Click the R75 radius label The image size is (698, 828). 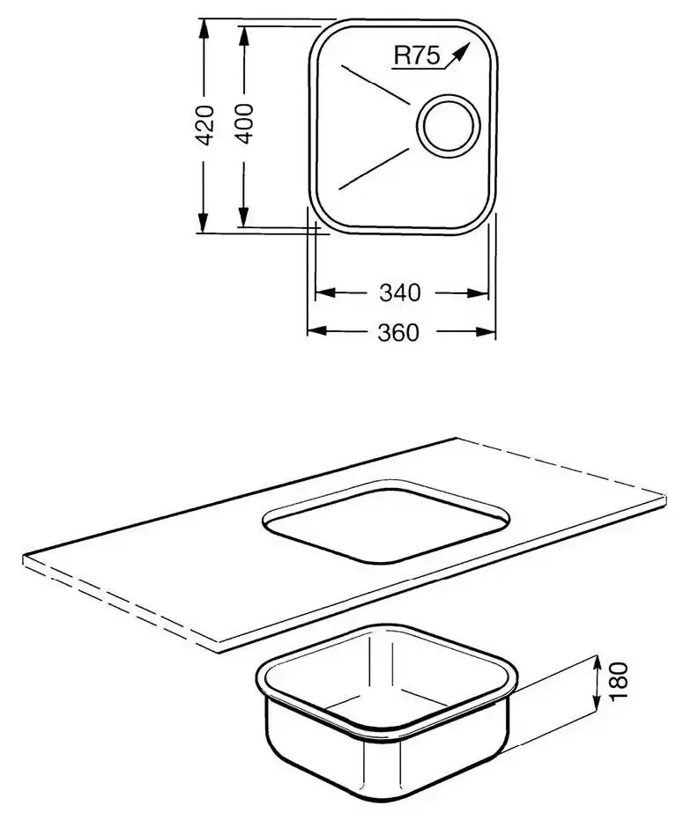pyautogui.click(x=417, y=55)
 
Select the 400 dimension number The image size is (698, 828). pyautogui.click(x=244, y=123)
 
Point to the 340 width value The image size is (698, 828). pyautogui.click(x=400, y=292)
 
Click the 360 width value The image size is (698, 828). pyautogui.click(x=398, y=333)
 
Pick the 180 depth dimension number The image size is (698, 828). pyautogui.click(x=619, y=681)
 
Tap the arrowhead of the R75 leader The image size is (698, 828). pyautogui.click(x=461, y=51)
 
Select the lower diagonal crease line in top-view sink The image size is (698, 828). pyautogui.click(x=374, y=168)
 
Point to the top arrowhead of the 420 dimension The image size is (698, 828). pyautogui.click(x=204, y=29)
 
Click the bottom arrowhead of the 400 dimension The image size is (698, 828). pyautogui.click(x=243, y=217)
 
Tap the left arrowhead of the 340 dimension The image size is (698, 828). pyautogui.click(x=325, y=292)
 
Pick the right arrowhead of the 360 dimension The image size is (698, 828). pyautogui.click(x=486, y=331)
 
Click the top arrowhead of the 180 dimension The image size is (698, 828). pyautogui.click(x=597, y=664)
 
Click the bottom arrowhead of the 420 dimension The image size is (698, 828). pyautogui.click(x=204, y=222)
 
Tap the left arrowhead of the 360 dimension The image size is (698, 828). pyautogui.click(x=317, y=331)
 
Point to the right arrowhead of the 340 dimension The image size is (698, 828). pyautogui.click(x=478, y=292)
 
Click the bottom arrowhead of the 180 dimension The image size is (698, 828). pyautogui.click(x=597, y=700)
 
